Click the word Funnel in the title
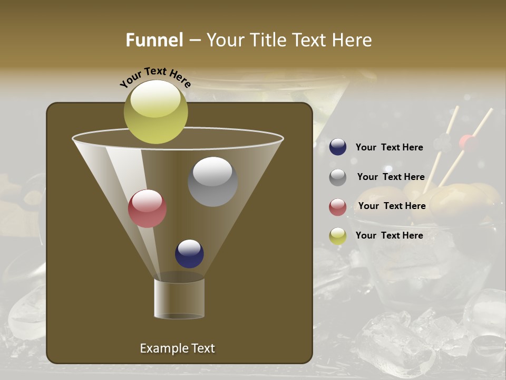tap(154, 40)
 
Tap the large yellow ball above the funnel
tap(155, 111)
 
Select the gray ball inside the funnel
tap(212, 181)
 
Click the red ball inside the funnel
tap(147, 208)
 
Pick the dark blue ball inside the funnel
tap(189, 253)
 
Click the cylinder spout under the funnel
tap(179, 298)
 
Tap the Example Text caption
tap(177, 348)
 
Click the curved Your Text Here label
tap(155, 78)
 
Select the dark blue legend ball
tap(338, 147)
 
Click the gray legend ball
tap(338, 177)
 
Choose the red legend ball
tap(338, 207)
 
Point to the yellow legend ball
tap(338, 236)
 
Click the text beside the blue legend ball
tap(389, 147)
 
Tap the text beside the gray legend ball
tap(391, 177)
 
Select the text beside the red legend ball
tap(392, 206)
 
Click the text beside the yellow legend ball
tap(389, 235)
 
